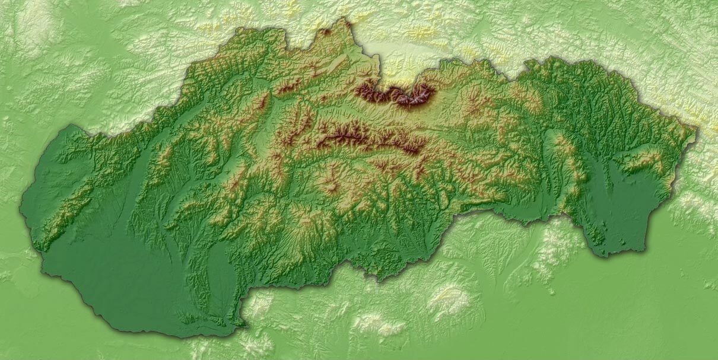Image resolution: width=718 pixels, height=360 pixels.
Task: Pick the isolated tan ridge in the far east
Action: tap(644, 160)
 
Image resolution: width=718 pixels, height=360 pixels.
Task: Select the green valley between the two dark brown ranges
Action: tap(368, 116)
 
